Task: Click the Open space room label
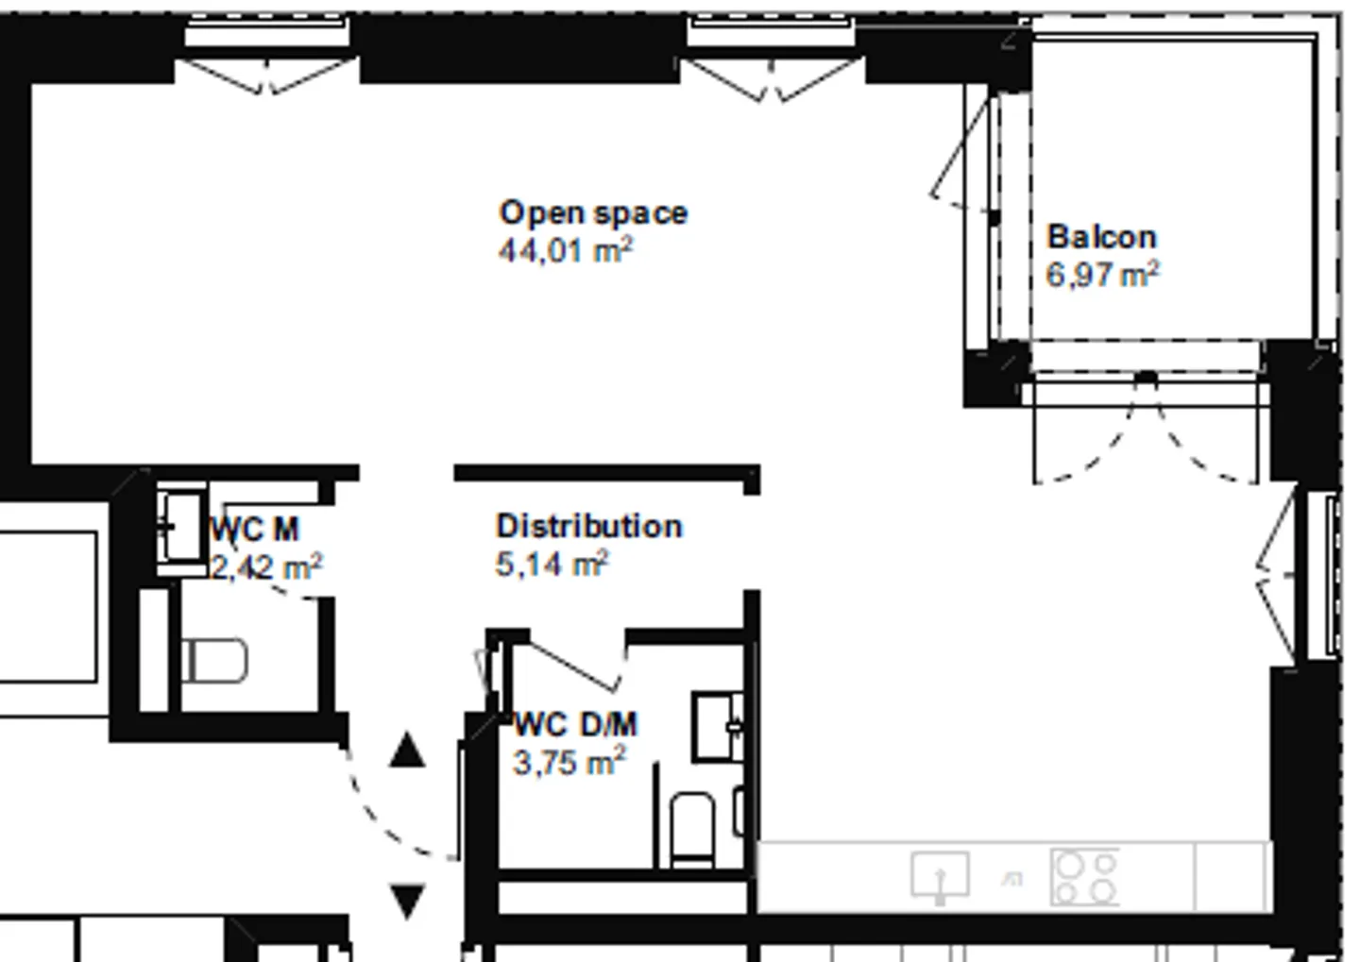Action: [x=593, y=213]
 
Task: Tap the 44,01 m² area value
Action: [x=565, y=250]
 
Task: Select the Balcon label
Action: [x=1102, y=237]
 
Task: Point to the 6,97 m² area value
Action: [x=1102, y=274]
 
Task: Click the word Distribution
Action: [x=589, y=526]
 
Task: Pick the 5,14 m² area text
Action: [x=552, y=564]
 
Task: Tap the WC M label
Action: [x=254, y=530]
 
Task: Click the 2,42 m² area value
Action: [x=266, y=566]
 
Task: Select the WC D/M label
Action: [x=575, y=725]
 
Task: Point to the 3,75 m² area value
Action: [x=569, y=762]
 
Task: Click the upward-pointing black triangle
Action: [x=407, y=751]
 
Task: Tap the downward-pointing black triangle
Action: [x=407, y=902]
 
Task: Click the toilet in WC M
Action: [x=214, y=660]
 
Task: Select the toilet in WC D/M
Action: [x=692, y=830]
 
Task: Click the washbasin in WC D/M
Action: [x=718, y=727]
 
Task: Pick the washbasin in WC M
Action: [x=181, y=528]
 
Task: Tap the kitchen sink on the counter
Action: [x=940, y=876]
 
